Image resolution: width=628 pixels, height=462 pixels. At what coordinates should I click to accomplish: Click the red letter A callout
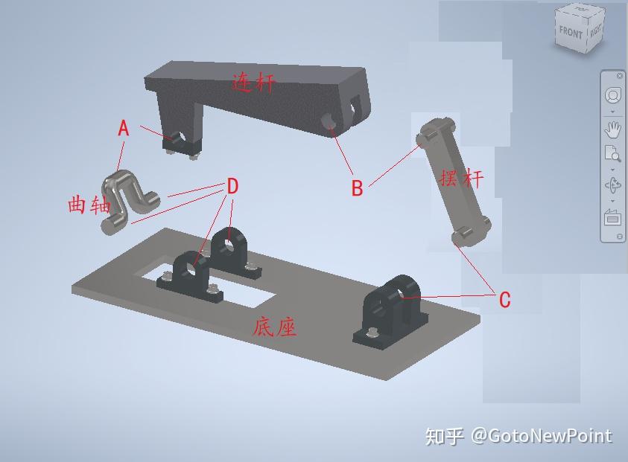coord(124,129)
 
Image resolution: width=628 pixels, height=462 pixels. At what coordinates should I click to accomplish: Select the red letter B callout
coord(358,187)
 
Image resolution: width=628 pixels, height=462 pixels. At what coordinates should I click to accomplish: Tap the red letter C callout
coord(504,300)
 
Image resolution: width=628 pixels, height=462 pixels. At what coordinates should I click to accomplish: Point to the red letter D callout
coord(232,186)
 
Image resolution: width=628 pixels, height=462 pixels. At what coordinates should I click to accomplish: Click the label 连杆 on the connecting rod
coord(254,83)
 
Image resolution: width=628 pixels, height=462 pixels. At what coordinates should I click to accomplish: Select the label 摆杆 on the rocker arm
coord(461,178)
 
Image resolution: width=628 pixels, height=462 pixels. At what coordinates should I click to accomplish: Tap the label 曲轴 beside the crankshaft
coord(89,204)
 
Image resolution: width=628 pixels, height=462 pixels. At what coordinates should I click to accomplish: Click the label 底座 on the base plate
coord(275,327)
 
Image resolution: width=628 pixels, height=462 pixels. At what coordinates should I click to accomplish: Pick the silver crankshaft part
coord(129,201)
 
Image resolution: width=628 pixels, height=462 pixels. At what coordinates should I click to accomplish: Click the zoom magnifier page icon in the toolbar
coord(612,153)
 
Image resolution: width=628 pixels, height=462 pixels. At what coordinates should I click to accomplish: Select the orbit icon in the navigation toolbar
coord(612,185)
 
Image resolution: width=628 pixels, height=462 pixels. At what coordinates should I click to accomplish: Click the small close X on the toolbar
coord(620,76)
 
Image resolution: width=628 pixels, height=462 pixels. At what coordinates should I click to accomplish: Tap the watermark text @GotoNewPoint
coord(542,436)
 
